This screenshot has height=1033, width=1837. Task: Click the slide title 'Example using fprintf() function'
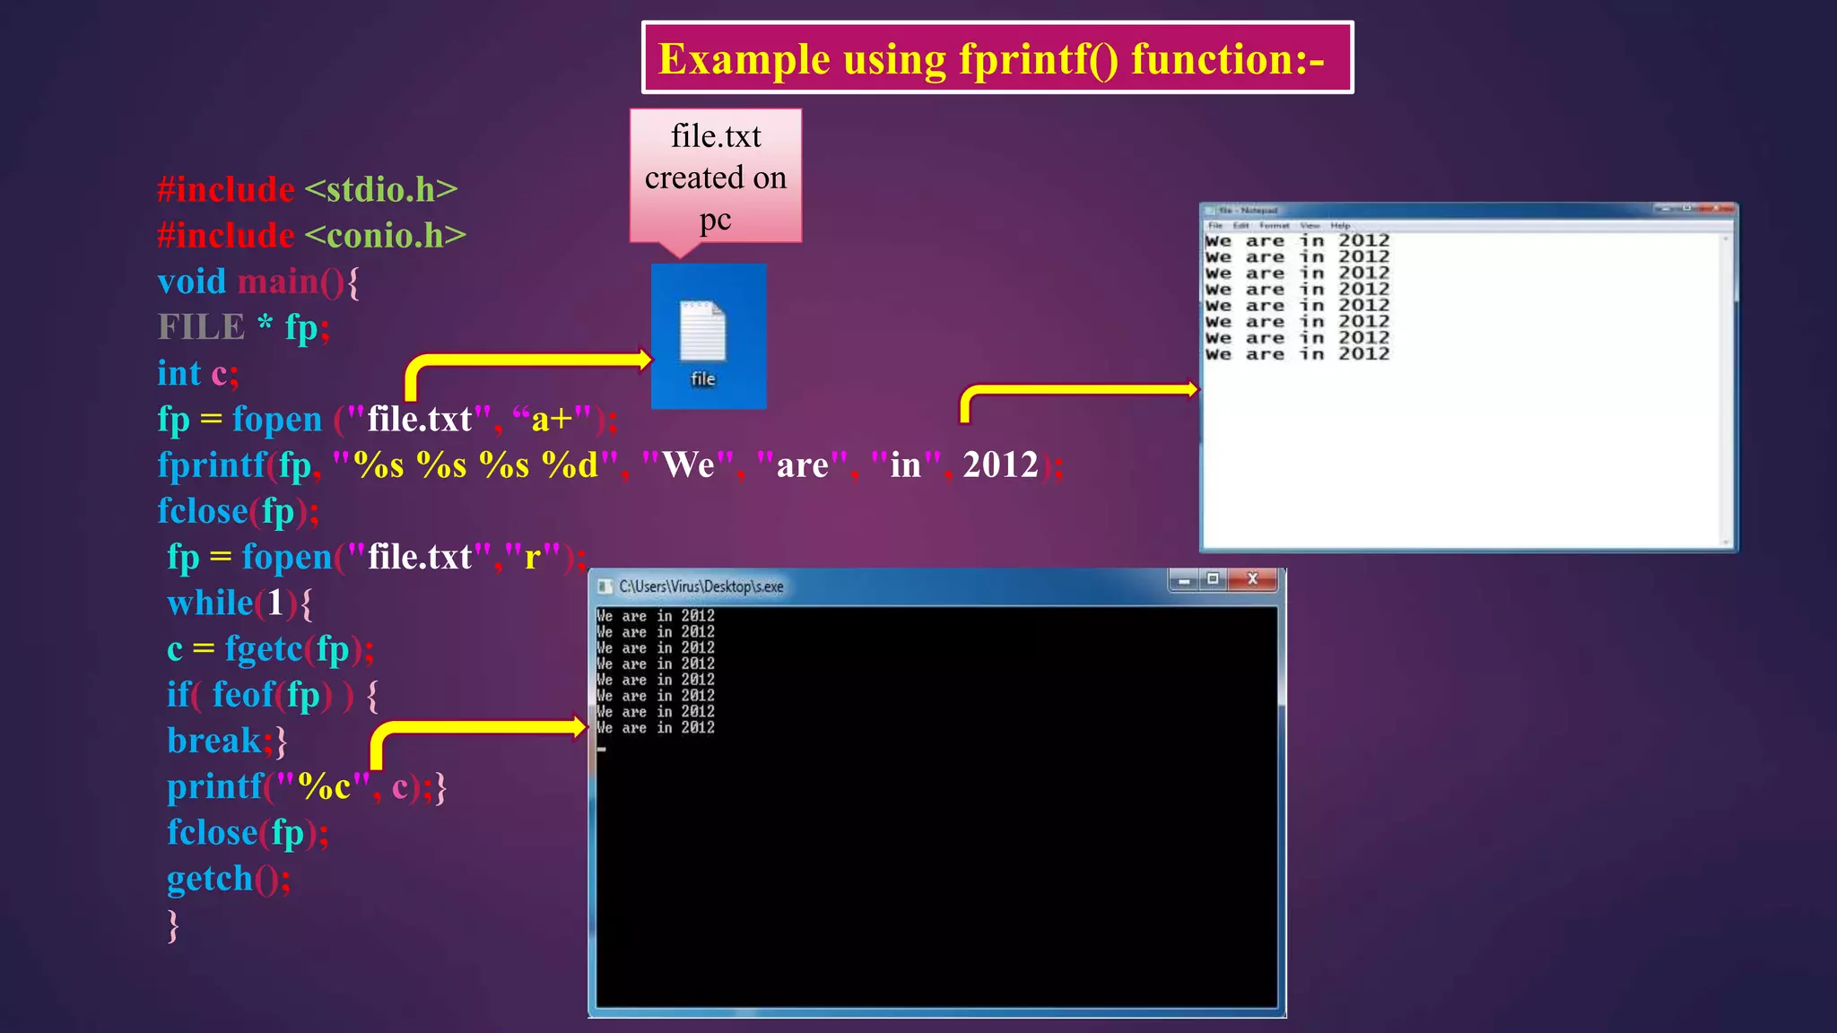pyautogui.click(x=991, y=59)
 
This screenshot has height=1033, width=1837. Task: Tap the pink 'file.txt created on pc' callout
pyautogui.click(x=715, y=177)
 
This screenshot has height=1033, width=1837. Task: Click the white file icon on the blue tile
pyautogui.click(x=702, y=330)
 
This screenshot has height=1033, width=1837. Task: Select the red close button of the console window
pyautogui.click(x=1253, y=579)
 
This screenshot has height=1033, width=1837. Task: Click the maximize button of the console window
pyautogui.click(x=1213, y=579)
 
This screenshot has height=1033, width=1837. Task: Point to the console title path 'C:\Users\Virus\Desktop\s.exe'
pyautogui.click(x=701, y=586)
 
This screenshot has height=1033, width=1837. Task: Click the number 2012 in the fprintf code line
pyautogui.click(x=999, y=464)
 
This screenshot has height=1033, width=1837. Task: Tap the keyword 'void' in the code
pyautogui.click(x=191, y=282)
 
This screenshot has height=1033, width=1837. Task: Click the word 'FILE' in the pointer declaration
pyautogui.click(x=201, y=327)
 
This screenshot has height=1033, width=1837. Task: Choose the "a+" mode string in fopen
pyautogui.click(x=552, y=419)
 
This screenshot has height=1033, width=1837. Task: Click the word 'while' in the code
pyautogui.click(x=210, y=603)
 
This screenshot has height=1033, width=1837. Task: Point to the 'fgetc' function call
pyautogui.click(x=264, y=648)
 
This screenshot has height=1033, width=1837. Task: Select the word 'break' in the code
pyautogui.click(x=213, y=741)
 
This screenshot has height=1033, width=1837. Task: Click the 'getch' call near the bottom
pyautogui.click(x=210, y=879)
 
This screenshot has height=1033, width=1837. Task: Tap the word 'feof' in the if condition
pyautogui.click(x=243, y=695)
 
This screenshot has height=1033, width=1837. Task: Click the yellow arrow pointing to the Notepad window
pyautogui.click(x=1076, y=390)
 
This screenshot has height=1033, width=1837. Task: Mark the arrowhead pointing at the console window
pyautogui.click(x=579, y=726)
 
